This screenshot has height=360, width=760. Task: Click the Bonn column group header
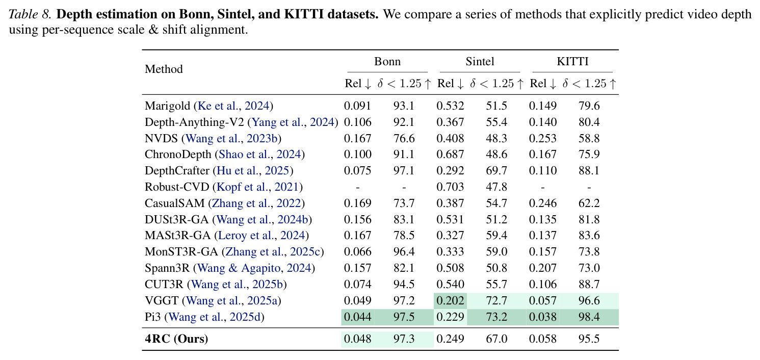tap(387, 61)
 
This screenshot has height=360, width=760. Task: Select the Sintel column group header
tap(480, 61)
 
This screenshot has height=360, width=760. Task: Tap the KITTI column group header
tap(572, 61)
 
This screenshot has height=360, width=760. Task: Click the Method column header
tap(164, 69)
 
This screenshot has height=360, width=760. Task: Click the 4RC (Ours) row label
tap(176, 339)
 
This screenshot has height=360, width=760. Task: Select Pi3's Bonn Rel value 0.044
tap(358, 317)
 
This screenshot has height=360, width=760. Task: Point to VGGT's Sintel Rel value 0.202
tap(450, 301)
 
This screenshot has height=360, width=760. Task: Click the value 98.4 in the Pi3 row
tap(589, 317)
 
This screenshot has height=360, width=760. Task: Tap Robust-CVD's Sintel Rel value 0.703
tap(450, 187)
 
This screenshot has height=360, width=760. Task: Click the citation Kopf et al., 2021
tap(257, 187)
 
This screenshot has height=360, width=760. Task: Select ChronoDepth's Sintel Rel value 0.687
tap(450, 155)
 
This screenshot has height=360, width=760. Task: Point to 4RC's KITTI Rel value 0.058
tap(543, 339)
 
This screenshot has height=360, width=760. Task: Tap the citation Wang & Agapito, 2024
tap(254, 268)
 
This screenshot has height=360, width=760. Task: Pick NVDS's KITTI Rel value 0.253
tap(543, 138)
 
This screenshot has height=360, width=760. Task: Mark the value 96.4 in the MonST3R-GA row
tap(404, 252)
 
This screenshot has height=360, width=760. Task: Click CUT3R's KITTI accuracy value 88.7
tap(589, 285)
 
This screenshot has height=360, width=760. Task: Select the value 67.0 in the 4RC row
tap(496, 339)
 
